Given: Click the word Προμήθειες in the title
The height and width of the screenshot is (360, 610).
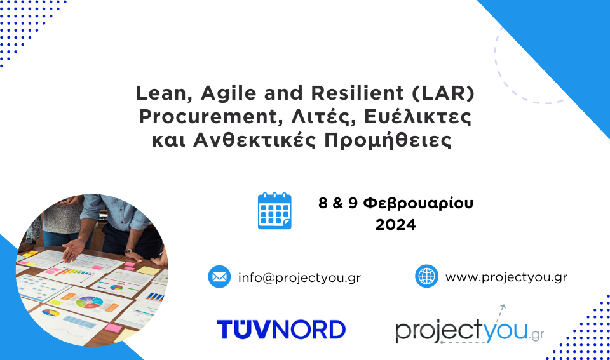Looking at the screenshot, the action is (388, 140).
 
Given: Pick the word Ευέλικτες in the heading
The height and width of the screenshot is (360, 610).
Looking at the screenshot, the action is (417, 117).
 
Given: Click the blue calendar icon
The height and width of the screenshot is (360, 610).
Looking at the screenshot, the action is (274, 211).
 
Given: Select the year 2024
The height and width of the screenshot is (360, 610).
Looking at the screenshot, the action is (396, 225).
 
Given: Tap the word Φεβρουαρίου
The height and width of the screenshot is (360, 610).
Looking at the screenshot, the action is (418, 203).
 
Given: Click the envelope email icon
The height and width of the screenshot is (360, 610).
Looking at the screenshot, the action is (219, 277).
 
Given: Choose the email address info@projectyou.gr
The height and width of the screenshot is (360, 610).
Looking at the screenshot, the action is (299, 277).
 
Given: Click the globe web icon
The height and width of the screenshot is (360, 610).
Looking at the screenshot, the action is (427, 276).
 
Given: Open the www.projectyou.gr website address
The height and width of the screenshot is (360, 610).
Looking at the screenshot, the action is (506, 277).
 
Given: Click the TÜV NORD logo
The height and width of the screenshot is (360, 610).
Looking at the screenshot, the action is (281, 330).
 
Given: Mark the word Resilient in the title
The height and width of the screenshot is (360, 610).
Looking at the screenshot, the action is (358, 93).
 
